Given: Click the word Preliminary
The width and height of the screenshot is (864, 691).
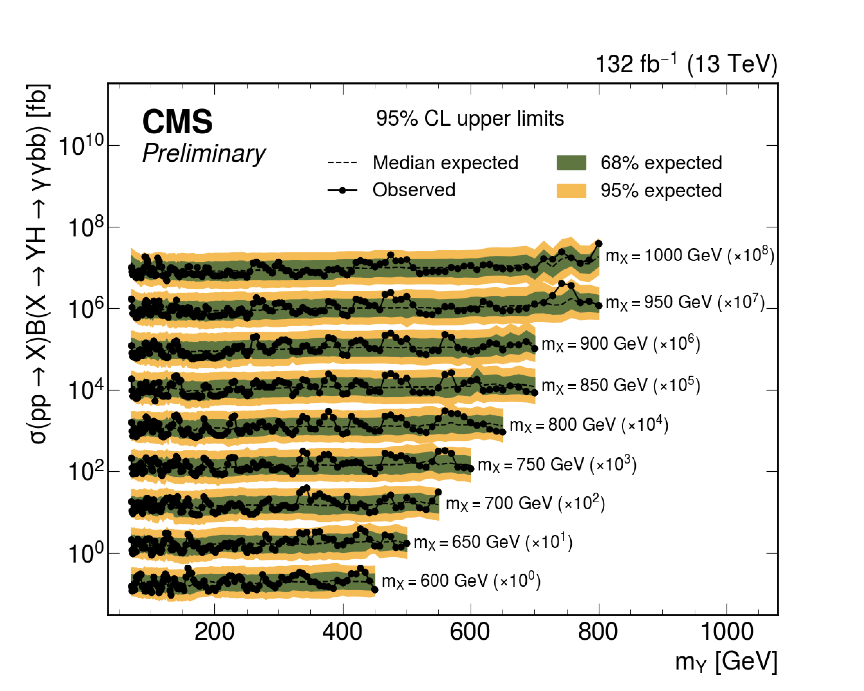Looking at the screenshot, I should [204, 153].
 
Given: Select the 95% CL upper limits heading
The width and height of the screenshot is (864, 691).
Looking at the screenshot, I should [470, 119].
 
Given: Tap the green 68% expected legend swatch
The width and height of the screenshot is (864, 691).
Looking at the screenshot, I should [571, 163].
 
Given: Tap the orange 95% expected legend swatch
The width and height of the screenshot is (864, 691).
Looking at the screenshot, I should [571, 191].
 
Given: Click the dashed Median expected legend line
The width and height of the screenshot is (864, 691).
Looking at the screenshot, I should [342, 163].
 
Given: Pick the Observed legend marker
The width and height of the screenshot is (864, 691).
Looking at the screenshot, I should [342, 190].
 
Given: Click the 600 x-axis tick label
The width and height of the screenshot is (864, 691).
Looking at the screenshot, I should [470, 632].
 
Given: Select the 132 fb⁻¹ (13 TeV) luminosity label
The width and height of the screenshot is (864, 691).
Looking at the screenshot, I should [686, 64].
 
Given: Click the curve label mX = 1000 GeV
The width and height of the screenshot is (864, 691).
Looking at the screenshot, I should [689, 255].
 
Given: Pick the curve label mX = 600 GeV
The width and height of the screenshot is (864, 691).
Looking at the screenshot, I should [461, 581].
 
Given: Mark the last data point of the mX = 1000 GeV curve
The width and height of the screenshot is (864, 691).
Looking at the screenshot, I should [599, 244].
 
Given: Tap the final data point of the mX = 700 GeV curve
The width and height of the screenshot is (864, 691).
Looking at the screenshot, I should [438, 492].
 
